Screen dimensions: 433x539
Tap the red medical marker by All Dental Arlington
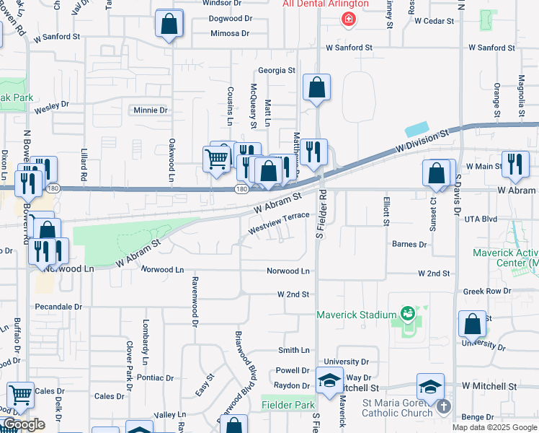349,18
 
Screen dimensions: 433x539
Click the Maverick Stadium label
357,315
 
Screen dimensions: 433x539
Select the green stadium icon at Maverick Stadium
409,313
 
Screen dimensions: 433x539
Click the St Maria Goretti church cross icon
443,406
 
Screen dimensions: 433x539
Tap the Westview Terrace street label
279,221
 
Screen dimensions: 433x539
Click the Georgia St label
277,71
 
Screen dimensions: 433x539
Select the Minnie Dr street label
151,110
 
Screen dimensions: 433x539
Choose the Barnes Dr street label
409,245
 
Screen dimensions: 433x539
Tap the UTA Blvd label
481,219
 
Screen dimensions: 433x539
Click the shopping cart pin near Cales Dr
21,395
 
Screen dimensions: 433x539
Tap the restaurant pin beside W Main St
515,165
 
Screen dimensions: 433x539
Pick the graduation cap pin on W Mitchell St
430,387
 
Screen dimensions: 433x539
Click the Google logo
24,425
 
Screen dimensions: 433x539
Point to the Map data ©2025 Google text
494,427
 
